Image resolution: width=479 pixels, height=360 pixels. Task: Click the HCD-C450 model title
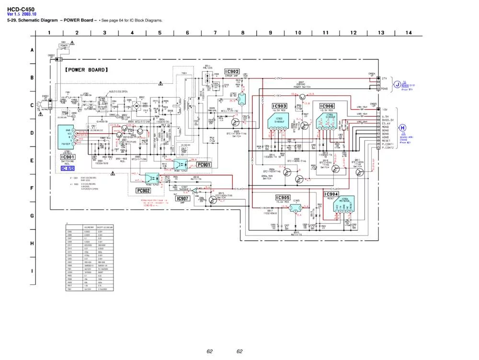pyautogui.click(x=21, y=9)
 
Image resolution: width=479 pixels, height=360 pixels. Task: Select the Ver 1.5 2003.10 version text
pyautogui.click(x=21, y=14)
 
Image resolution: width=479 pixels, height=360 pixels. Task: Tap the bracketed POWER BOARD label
pyautogui.click(x=86, y=70)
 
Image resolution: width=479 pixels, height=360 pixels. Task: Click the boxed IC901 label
pyautogui.click(x=68, y=157)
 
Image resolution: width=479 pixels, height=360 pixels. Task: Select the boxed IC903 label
pyautogui.click(x=279, y=106)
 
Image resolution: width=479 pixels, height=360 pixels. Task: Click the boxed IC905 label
pyautogui.click(x=283, y=198)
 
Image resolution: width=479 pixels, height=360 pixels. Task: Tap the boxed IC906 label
pyautogui.click(x=327, y=106)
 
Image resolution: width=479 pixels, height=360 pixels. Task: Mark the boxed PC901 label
pyautogui.click(x=204, y=165)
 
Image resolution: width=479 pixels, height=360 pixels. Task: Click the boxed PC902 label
pyautogui.click(x=143, y=191)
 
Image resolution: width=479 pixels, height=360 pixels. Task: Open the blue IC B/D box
pyautogui.click(x=68, y=169)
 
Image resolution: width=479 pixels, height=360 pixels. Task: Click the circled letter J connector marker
pyautogui.click(x=397, y=85)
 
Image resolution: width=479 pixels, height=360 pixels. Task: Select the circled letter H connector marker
pyautogui.click(x=402, y=127)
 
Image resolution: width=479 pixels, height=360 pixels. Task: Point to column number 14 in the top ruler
pyautogui.click(x=409, y=33)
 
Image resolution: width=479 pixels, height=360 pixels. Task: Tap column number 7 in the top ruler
pyautogui.click(x=215, y=33)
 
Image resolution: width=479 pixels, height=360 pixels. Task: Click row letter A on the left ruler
pyautogui.click(x=32, y=50)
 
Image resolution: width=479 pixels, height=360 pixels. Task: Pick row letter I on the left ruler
pyautogui.click(x=32, y=271)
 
